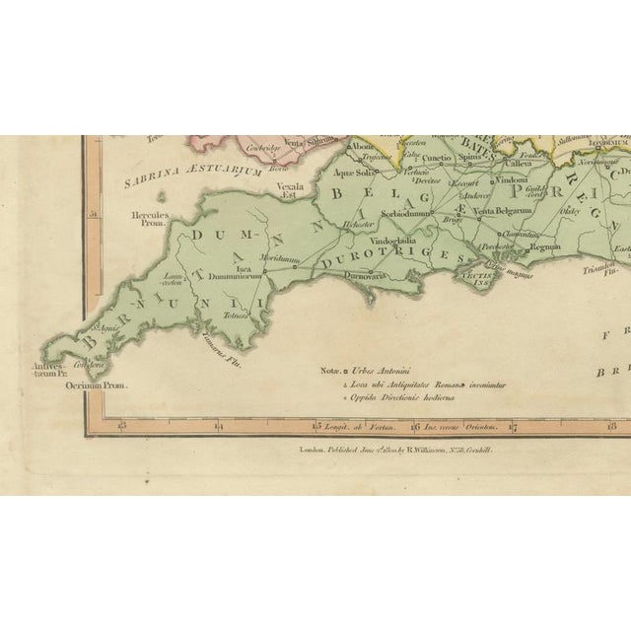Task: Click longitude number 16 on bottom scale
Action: pos(416,427)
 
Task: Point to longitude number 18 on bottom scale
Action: pos(611,426)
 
